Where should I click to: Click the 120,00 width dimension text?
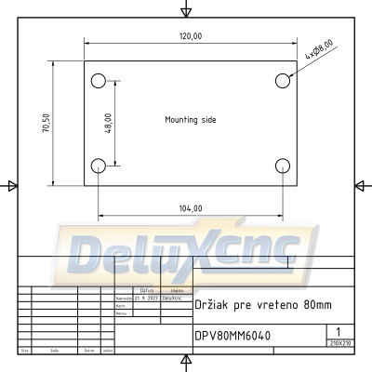(x=191, y=35)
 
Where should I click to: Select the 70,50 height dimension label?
(x=46, y=124)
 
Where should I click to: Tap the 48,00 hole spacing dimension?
(x=109, y=123)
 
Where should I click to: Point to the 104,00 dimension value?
(x=190, y=208)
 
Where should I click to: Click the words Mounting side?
(x=190, y=120)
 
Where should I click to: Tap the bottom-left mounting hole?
(x=99, y=166)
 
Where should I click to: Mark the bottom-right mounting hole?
(x=283, y=166)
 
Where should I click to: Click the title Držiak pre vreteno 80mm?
(x=248, y=304)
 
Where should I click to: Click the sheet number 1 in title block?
(x=338, y=331)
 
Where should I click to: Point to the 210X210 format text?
(x=340, y=343)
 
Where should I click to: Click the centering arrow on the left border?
(x=11, y=186)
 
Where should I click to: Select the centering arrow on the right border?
(x=360, y=186)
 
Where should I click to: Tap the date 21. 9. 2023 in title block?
(x=147, y=298)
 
